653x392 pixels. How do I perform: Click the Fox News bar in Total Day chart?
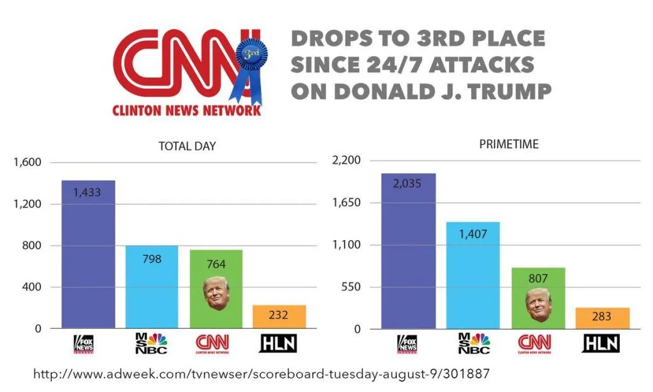[88, 255]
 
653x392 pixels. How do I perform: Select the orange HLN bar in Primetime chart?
[603, 318]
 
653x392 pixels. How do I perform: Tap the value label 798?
[152, 259]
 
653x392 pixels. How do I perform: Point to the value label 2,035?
[408, 185]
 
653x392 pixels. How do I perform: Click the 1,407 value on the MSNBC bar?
[473, 234]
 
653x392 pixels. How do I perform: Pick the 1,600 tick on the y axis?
[27, 163]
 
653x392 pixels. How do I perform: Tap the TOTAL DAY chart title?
[187, 146]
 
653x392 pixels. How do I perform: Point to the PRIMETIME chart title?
[508, 144]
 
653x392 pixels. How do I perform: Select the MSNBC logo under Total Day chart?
[152, 343]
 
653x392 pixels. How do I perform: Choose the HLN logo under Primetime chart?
[601, 343]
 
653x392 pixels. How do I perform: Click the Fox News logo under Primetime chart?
[407, 343]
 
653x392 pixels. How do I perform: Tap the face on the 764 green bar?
[216, 293]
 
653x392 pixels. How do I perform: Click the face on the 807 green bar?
[539, 305]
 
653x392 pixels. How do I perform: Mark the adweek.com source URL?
[261, 373]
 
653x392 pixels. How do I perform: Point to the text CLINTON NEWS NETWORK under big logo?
[186, 110]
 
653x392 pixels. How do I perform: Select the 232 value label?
[279, 315]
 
